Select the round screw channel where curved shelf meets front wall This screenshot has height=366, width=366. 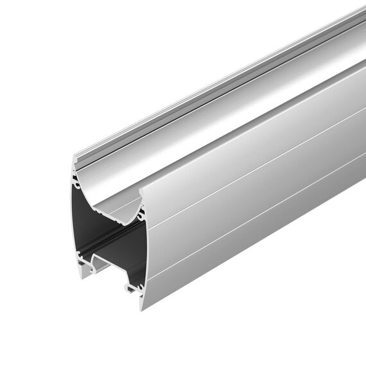[x=139, y=209]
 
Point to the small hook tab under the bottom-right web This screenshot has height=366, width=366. [x=132, y=290]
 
